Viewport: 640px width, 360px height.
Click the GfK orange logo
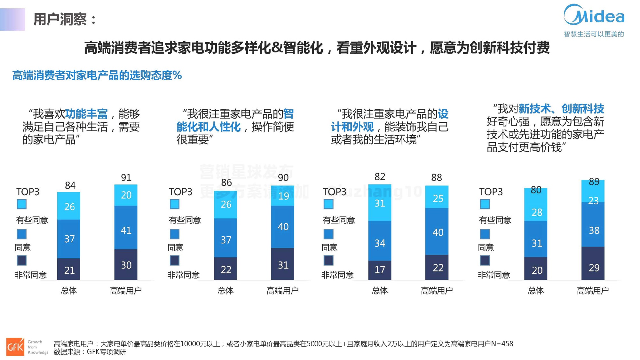pos(15,347)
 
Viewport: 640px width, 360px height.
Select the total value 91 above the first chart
pos(126,178)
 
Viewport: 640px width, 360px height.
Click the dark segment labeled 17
pos(380,270)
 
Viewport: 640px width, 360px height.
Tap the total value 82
pos(380,177)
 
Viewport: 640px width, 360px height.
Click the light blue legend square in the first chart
pos(22,204)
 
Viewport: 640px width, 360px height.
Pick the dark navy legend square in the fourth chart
pos(485,261)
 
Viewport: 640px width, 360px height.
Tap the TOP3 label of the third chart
pos(334,192)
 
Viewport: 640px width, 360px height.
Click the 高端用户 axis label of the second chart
pos(282,291)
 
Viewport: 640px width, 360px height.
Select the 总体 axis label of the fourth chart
pos(536,291)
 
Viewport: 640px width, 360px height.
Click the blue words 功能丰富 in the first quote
pos(86,114)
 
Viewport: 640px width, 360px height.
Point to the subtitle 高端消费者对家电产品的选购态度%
pos(97,75)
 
